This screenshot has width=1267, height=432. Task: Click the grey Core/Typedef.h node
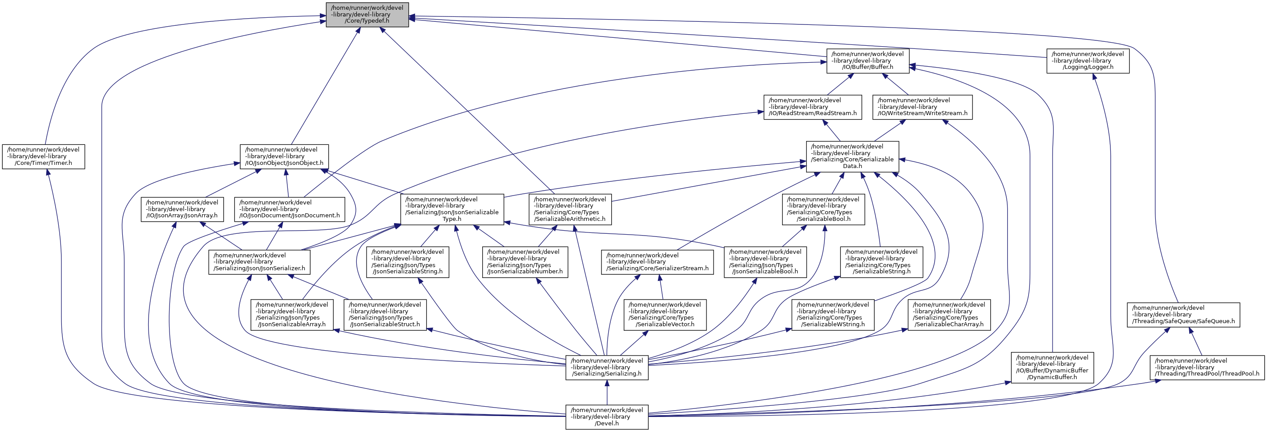click(x=367, y=15)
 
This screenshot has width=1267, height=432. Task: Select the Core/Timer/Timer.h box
click(x=43, y=156)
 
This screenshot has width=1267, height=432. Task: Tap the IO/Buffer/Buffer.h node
click(x=868, y=61)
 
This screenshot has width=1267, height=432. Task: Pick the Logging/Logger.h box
click(x=1087, y=61)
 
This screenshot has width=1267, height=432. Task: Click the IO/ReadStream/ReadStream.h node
click(x=812, y=107)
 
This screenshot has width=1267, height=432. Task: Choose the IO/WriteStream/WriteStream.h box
click(x=922, y=107)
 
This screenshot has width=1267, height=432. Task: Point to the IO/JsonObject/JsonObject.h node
click(x=284, y=156)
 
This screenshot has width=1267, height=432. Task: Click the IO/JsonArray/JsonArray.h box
click(x=182, y=209)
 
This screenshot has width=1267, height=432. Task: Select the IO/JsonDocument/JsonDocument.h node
click(x=289, y=209)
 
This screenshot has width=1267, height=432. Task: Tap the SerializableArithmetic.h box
click(x=570, y=209)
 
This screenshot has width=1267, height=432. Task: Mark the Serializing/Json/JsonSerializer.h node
click(x=259, y=262)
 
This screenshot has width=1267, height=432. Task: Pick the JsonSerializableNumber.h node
click(x=525, y=262)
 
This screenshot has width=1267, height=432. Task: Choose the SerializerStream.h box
click(x=657, y=262)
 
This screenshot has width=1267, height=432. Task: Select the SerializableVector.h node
click(x=665, y=315)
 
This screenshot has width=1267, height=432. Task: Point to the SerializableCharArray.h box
click(x=949, y=315)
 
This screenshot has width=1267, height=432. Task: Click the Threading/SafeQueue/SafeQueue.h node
click(x=1183, y=315)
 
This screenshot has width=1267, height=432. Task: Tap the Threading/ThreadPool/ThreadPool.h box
click(x=1207, y=368)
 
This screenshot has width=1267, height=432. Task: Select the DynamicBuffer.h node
click(x=1052, y=368)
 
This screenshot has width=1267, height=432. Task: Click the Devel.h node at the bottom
click(x=606, y=417)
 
